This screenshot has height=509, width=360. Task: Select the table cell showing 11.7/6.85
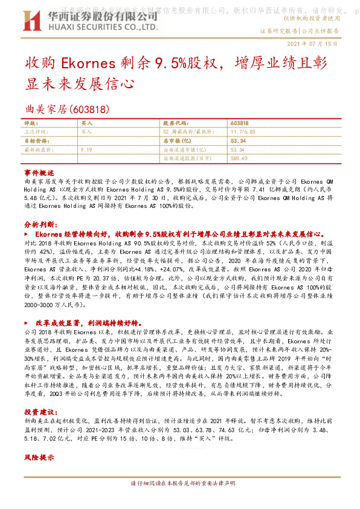point(245,131)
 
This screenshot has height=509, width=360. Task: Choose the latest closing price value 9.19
point(86,148)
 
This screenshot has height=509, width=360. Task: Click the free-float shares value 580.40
point(239,158)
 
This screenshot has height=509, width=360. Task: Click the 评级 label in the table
point(29,123)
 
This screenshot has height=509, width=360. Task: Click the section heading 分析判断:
point(40,224)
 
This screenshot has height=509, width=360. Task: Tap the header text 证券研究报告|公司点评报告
point(300,30)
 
